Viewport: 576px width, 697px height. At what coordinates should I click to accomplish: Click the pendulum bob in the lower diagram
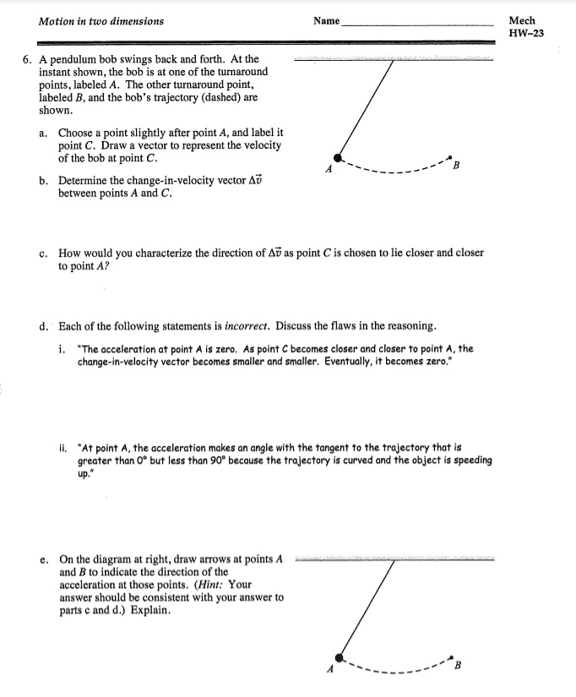pyautogui.click(x=340, y=656)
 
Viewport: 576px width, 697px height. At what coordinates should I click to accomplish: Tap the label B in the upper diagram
pyautogui.click(x=456, y=166)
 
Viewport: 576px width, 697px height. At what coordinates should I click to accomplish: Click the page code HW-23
pyautogui.click(x=525, y=34)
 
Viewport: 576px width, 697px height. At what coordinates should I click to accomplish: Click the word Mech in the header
pyautogui.click(x=523, y=20)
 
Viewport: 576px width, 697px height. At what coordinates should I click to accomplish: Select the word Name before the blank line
pyautogui.click(x=326, y=21)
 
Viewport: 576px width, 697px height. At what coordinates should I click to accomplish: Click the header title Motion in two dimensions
pyautogui.click(x=101, y=21)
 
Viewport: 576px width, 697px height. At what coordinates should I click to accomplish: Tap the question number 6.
pyautogui.click(x=27, y=60)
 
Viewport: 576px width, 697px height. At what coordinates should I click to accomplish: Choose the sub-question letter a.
pyautogui.click(x=43, y=133)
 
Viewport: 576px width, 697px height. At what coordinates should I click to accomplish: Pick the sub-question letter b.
pyautogui.click(x=43, y=181)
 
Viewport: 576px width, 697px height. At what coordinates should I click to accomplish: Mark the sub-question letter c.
pyautogui.click(x=43, y=253)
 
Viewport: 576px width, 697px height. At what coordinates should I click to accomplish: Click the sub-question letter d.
pyautogui.click(x=43, y=325)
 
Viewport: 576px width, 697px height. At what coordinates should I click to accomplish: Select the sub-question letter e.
pyautogui.click(x=43, y=559)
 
